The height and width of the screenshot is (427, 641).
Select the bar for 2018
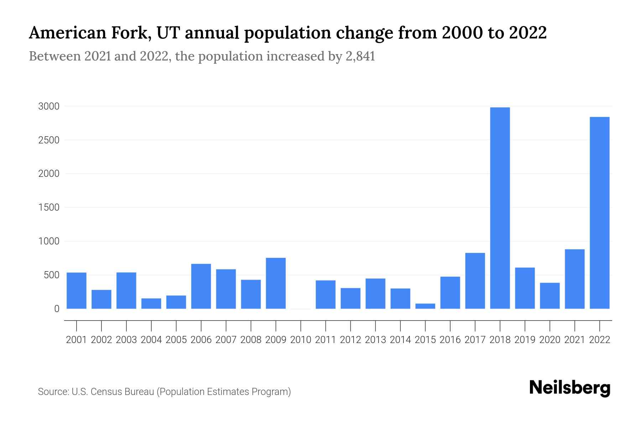pos(500,208)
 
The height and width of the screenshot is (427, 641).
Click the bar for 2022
pos(600,213)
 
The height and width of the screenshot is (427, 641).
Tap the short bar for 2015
pos(425,306)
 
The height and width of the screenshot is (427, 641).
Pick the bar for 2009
pos(276,283)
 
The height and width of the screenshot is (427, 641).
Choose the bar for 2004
pos(151,304)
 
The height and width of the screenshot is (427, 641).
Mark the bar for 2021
pos(575,279)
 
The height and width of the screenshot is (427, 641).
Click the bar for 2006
pos(201,286)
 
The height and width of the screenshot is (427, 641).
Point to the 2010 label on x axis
pos(301,340)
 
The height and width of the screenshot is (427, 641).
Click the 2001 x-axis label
pos(77,340)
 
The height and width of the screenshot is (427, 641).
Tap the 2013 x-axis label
pos(375,340)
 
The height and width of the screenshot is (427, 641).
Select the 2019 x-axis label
pos(525,340)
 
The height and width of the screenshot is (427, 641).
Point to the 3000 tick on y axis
pos(49,106)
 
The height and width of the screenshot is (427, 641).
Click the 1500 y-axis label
pos(49,207)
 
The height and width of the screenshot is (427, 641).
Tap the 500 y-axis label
pos(51,275)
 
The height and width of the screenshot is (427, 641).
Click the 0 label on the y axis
pos(57,309)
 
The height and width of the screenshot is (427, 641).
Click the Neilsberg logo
pos(569,388)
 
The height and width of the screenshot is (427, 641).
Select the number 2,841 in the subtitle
pos(360,56)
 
